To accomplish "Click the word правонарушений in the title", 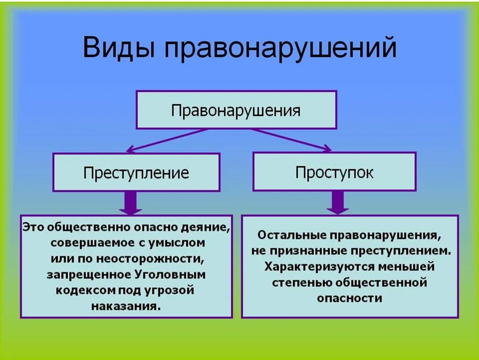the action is (279, 48).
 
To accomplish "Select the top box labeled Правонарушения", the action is (236, 110).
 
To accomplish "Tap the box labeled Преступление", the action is (136, 172).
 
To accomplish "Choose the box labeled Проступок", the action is (334, 172).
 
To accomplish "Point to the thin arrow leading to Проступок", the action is (292, 140).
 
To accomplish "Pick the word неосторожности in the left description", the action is (150, 259).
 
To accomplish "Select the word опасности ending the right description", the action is (349, 298).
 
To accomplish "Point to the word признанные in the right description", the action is (319, 250).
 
